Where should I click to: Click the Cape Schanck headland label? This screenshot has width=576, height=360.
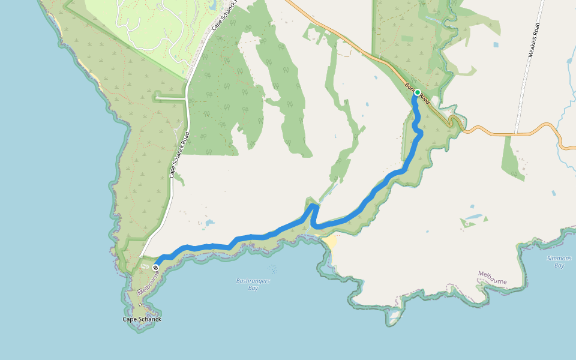point(142,319)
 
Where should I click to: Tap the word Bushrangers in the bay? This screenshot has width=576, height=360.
point(253,281)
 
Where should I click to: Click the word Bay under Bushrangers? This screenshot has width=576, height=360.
point(253,288)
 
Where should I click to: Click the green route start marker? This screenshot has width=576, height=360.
point(417,93)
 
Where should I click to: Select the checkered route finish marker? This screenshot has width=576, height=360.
point(155,267)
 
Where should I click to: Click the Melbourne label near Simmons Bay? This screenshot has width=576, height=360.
point(493,277)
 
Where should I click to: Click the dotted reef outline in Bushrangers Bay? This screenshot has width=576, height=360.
point(273,269)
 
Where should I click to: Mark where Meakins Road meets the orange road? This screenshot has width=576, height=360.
point(515,133)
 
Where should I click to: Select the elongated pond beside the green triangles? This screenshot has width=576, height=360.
point(473,218)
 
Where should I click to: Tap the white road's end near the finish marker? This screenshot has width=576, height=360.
point(142,257)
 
